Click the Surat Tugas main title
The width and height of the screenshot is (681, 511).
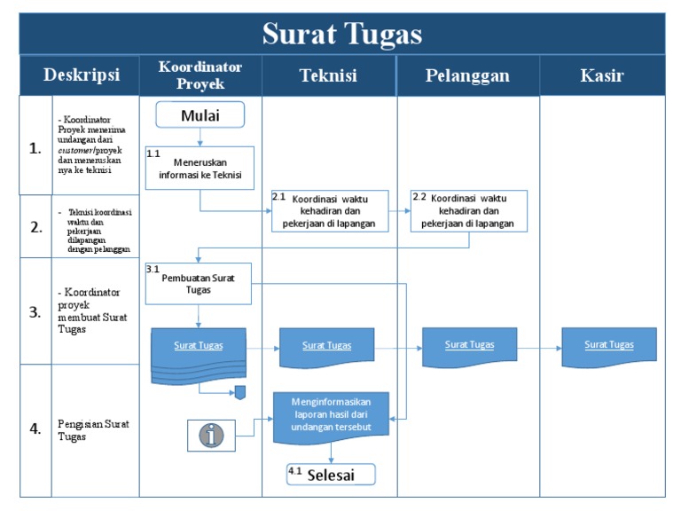pos(341,34)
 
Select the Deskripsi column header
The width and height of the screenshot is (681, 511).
pos(82,75)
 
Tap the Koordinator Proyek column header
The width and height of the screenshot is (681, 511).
pos(200,75)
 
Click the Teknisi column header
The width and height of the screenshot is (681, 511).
pos(328,75)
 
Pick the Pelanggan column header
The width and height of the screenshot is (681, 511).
pos(467,75)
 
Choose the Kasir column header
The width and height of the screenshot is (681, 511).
pos(601,75)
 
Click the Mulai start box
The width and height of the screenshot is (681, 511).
pos(200,115)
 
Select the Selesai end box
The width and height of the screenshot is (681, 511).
pos(330,475)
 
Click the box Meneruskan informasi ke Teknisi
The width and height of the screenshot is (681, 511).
pos(200,168)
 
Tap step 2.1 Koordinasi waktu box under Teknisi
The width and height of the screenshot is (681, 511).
pos(330,211)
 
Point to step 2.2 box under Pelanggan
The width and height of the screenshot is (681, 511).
pos(468,211)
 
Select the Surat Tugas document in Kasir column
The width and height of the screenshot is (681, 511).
pos(608,345)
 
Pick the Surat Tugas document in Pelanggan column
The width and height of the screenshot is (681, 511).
pos(469,345)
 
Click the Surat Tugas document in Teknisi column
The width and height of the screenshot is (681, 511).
pos(326,346)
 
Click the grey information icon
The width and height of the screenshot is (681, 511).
pos(211,435)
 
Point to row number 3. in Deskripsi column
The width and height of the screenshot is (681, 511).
pos(35,312)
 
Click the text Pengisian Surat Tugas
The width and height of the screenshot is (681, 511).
pos(93,430)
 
